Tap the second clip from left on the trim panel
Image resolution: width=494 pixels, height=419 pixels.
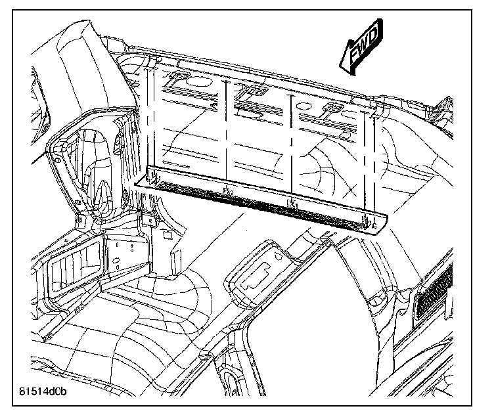[x=227, y=191]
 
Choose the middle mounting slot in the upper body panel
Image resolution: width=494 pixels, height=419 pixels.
[x=252, y=92]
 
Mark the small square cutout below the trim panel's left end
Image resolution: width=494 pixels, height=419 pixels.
[x=167, y=233]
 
